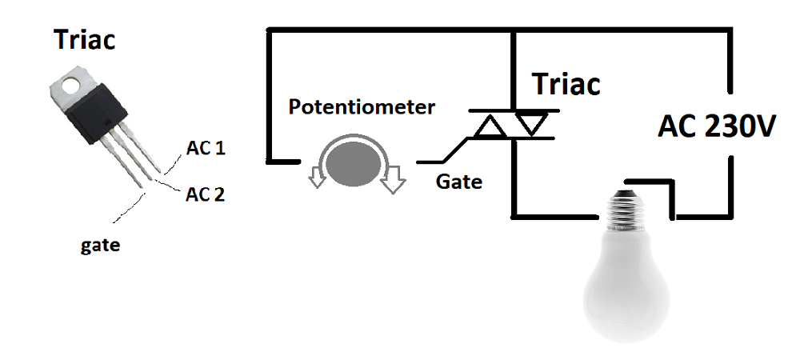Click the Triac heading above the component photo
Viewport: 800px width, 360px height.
point(85,39)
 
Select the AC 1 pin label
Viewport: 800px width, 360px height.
point(205,149)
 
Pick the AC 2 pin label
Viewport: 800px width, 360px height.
point(205,194)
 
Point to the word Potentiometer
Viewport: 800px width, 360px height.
point(362,107)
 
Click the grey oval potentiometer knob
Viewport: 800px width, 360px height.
point(354,163)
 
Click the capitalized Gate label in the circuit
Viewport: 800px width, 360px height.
point(458,182)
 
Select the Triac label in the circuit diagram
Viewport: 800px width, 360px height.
point(566,83)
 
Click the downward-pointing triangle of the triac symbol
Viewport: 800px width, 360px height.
point(531,123)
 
